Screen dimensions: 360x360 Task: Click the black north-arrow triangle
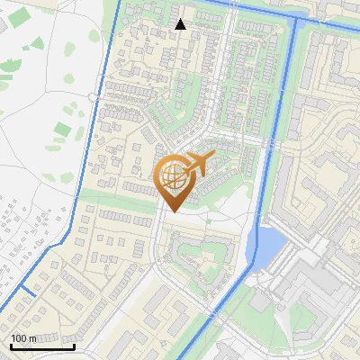181,24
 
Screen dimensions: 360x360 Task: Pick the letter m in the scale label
32,338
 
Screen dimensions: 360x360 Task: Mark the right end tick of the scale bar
74,346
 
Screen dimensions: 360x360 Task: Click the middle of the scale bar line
41,346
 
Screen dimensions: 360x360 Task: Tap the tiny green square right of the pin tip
210,218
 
